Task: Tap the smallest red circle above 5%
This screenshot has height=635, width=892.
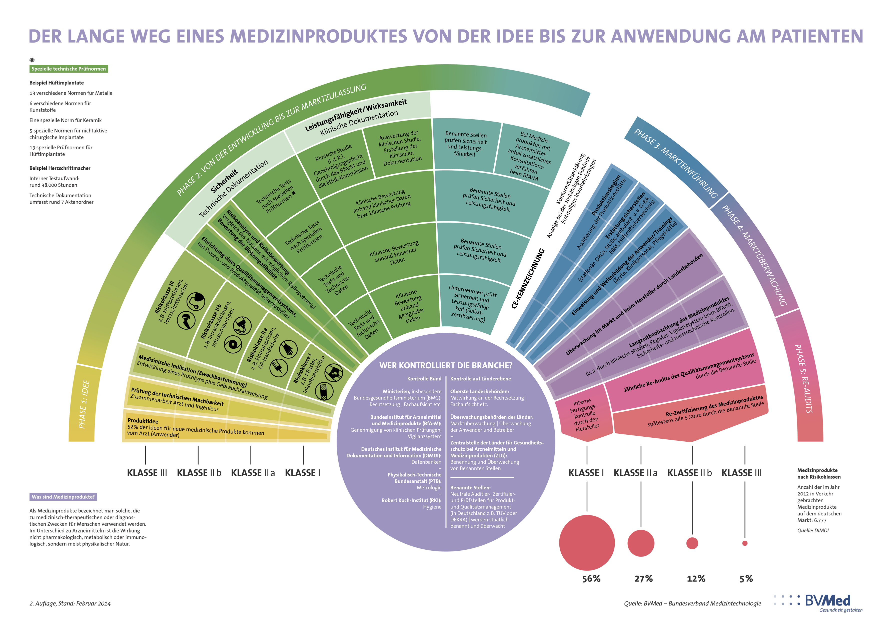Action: click(x=745, y=543)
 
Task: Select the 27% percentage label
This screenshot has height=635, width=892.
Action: click(x=643, y=578)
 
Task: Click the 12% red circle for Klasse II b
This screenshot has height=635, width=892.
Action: click(x=692, y=543)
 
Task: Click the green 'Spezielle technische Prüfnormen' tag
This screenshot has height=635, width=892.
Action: click(x=69, y=69)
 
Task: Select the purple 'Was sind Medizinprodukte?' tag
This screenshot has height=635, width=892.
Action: click(x=63, y=497)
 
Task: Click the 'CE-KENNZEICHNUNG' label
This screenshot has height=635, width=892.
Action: click(x=528, y=278)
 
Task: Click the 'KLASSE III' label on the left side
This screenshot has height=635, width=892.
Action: click(x=147, y=473)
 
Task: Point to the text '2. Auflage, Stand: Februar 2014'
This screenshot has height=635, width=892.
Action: click(x=70, y=603)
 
